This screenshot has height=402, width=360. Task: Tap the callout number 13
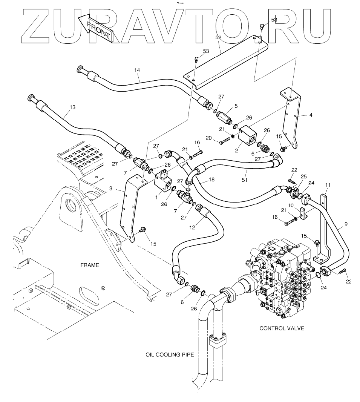point(72,107)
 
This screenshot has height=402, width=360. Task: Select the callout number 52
point(218,38)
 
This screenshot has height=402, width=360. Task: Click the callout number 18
point(211,180)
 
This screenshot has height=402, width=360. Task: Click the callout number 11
point(328,185)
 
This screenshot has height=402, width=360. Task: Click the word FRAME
point(89,265)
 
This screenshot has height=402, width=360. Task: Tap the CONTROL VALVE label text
point(282,328)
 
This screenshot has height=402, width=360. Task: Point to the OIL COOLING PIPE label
point(170,354)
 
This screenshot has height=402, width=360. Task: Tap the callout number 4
point(311,115)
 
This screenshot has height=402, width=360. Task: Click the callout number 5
point(236,106)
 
